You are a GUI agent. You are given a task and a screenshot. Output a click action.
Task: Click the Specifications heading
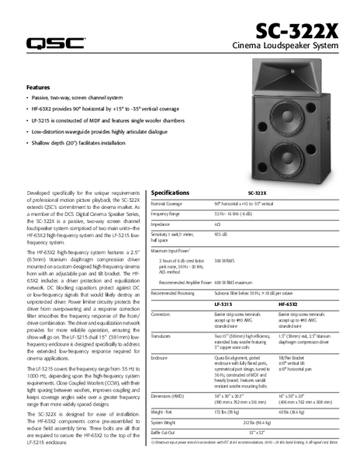[x=170, y=192]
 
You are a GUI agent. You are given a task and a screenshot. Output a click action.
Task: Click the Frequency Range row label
[x=165, y=213]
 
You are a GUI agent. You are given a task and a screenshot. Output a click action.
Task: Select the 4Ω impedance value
[x=216, y=223]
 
